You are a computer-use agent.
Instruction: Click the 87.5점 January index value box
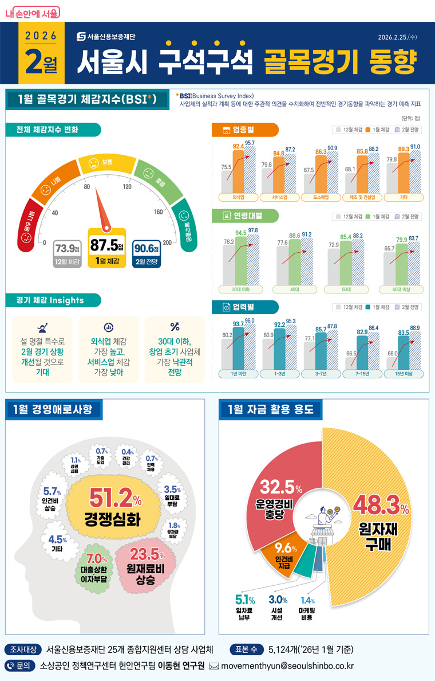pyautogui.click(x=106, y=251)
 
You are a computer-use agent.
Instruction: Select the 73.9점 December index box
pyautogui.click(x=66, y=254)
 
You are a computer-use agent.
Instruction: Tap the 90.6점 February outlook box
pyautogui.click(x=146, y=254)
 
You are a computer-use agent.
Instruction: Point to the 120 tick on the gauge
pyautogui.click(x=127, y=187)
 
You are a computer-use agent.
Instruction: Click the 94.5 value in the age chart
pyautogui.click(x=241, y=233)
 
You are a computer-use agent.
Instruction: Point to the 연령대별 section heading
pyautogui.click(x=245, y=216)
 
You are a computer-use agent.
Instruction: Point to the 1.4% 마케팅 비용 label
pyautogui.click(x=307, y=608)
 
